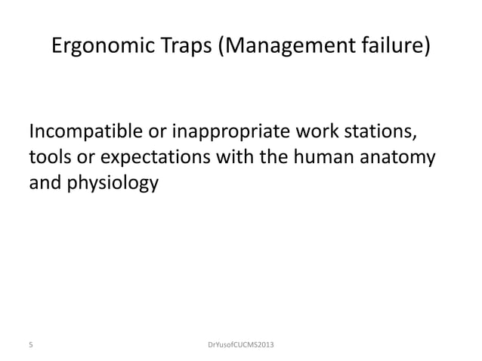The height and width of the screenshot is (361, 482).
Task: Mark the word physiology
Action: click(111, 184)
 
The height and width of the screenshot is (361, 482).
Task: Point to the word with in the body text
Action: click(245, 159)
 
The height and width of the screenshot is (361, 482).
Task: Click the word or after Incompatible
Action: click(153, 134)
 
